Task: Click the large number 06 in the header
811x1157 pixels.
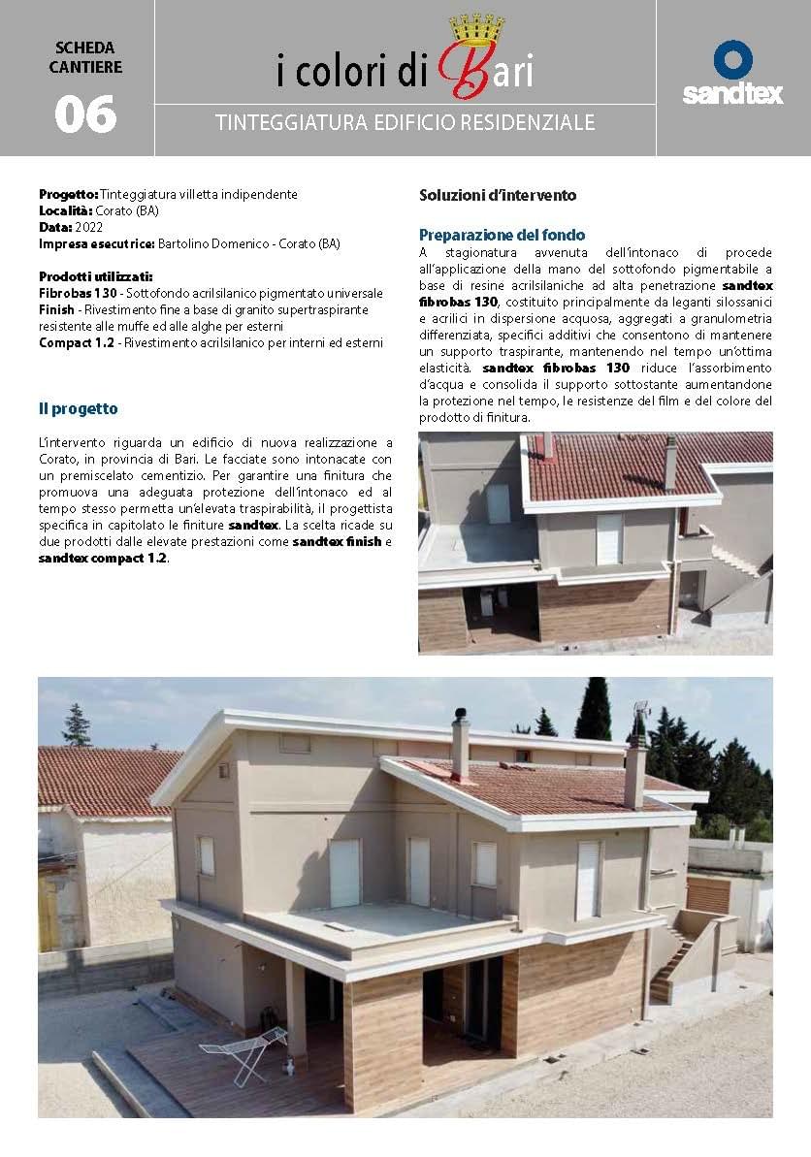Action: click(x=85, y=114)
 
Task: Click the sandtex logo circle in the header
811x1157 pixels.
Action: click(x=732, y=59)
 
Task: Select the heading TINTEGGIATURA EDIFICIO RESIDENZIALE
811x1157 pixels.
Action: click(x=405, y=124)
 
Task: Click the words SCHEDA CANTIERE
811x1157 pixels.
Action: click(x=85, y=57)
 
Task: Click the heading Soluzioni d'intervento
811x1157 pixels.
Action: click(x=498, y=195)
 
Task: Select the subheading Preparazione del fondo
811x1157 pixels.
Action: click(x=502, y=235)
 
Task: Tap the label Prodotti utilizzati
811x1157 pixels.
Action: click(x=95, y=276)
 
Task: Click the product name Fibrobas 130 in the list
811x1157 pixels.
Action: click(x=78, y=293)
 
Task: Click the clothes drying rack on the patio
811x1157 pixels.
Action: click(x=244, y=1051)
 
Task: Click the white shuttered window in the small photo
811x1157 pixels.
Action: click(x=608, y=538)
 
